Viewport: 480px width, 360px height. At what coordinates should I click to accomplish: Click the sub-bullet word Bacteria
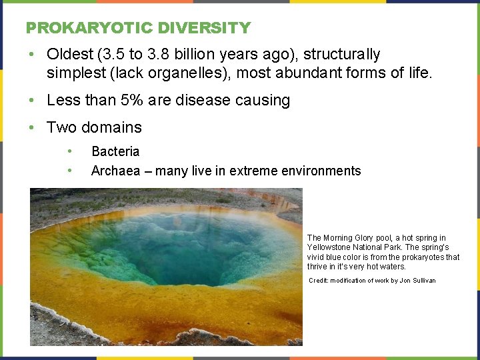pos(115,152)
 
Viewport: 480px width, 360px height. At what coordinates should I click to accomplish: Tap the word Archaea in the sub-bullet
pos(115,171)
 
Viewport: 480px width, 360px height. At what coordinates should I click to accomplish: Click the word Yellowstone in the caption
pos(329,247)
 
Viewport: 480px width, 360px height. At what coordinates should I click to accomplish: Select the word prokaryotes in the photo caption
pos(423,257)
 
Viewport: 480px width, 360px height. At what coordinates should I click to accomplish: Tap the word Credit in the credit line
pos(319,281)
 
